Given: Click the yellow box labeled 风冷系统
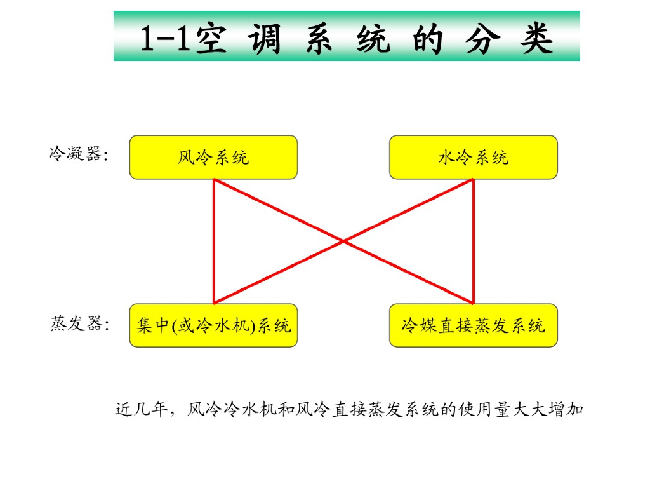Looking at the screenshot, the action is pos(213,157).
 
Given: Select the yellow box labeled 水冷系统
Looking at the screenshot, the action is pos(473,157).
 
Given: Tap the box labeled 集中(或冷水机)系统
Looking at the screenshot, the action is pos(213,325).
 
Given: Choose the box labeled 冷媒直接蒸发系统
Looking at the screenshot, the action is pos(473,325).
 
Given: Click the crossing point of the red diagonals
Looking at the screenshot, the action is pos(343,241).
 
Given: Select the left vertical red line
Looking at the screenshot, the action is pos(214,241).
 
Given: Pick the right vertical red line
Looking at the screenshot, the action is pos(474,241).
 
